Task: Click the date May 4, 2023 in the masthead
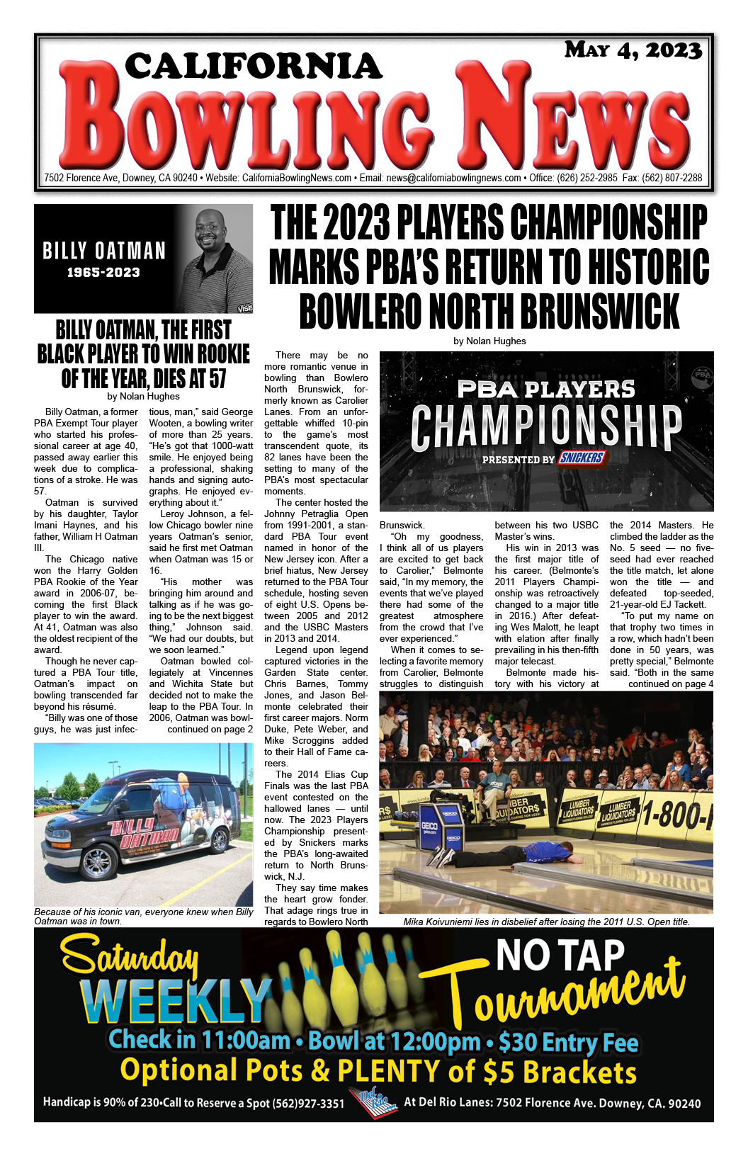tap(633, 50)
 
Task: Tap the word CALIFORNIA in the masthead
tap(254, 67)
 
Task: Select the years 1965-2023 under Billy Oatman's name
tap(103, 273)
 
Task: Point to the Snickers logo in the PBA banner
tap(581, 458)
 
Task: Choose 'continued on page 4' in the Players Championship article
tap(670, 684)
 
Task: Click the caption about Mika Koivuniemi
tap(546, 922)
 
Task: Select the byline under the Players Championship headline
tap(489, 341)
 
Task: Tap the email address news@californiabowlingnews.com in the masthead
tap(453, 178)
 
